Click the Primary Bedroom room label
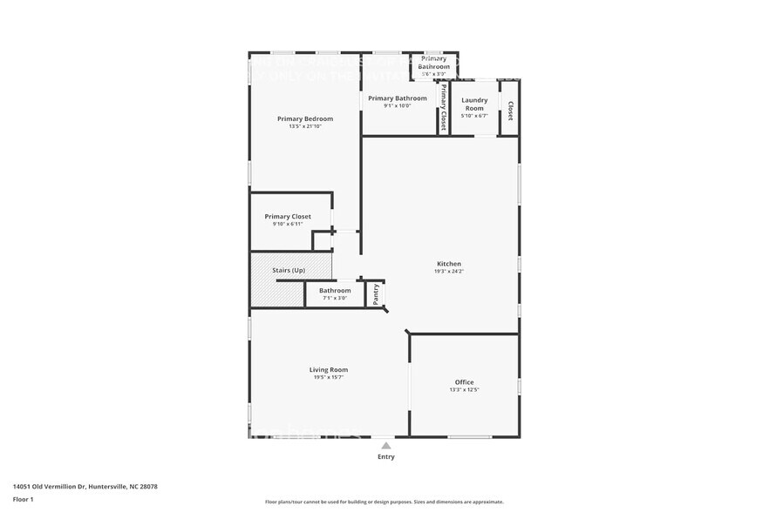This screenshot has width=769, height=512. click(x=305, y=118)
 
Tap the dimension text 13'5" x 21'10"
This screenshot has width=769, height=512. click(x=305, y=126)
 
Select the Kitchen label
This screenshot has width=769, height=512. click(x=449, y=264)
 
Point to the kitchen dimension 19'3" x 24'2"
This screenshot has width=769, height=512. click(x=449, y=272)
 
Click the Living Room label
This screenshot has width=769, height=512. click(x=328, y=369)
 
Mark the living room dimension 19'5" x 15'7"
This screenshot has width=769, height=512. click(x=328, y=377)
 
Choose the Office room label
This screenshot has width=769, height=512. click(x=464, y=382)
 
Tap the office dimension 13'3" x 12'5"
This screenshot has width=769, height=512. click(x=464, y=390)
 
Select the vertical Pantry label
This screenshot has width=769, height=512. click(x=376, y=294)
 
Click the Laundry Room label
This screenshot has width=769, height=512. click(x=474, y=104)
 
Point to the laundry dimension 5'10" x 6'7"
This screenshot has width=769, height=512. click(x=474, y=116)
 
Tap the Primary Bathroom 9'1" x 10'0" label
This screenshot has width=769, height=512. click(x=398, y=98)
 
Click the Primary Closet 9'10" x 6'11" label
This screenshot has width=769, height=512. click(x=288, y=216)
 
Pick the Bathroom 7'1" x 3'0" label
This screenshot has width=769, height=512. click(x=335, y=291)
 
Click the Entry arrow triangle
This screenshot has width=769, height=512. click(x=385, y=445)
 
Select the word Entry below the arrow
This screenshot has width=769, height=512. click(x=385, y=456)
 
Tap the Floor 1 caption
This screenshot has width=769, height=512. click(x=23, y=499)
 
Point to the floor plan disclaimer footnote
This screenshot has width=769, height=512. click(x=384, y=502)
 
